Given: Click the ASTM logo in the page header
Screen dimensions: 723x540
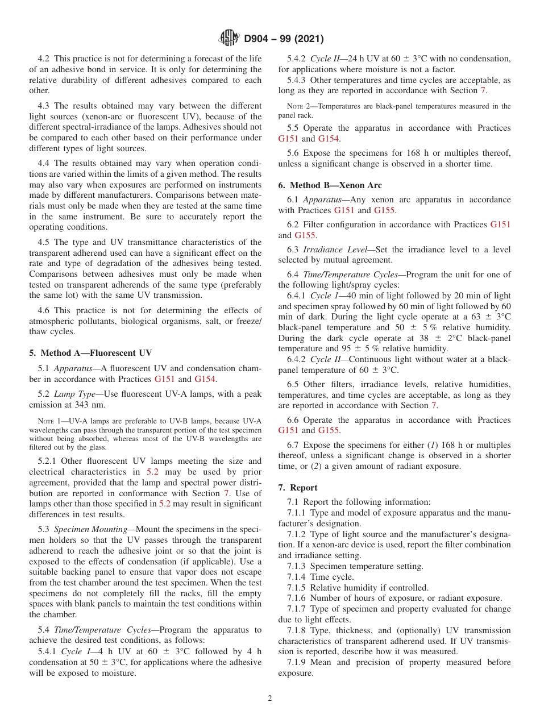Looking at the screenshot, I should pyautogui.click(x=229, y=39).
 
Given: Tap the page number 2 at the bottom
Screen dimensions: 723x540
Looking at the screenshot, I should pyautogui.click(x=270, y=699).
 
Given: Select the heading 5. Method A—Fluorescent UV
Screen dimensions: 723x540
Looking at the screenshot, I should pyautogui.click(x=90, y=353).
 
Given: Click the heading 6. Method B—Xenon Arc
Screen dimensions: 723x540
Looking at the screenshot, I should pyautogui.click(x=330, y=185).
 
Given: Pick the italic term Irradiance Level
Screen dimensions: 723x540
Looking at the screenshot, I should pyautogui.click(x=327, y=250).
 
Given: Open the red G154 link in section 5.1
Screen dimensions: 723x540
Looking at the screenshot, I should pyautogui.click(x=205, y=379).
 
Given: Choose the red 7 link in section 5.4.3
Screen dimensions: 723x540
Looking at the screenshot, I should pyautogui.click(x=483, y=90).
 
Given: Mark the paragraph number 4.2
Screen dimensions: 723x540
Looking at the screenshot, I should pyautogui.click(x=44, y=59).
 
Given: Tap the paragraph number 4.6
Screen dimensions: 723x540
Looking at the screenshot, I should pyautogui.click(x=44, y=310).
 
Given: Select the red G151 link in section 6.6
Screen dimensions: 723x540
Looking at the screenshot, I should pyautogui.click(x=288, y=430).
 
